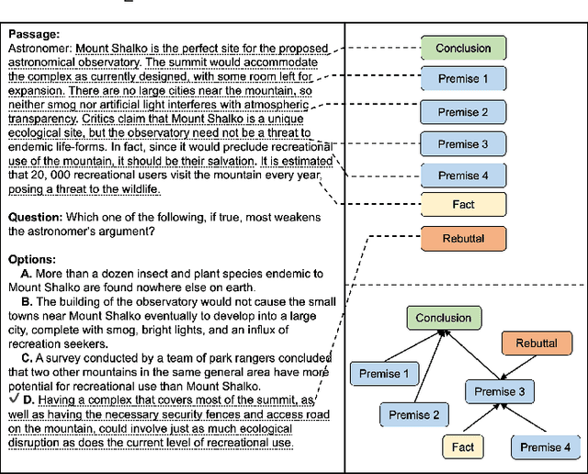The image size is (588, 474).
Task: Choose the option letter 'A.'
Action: click(x=27, y=274)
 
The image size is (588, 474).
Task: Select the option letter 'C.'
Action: click(x=28, y=358)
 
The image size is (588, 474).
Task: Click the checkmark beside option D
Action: click(x=11, y=399)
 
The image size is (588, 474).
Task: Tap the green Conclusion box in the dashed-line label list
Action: click(x=463, y=49)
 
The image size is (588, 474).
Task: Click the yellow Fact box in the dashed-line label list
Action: click(x=463, y=205)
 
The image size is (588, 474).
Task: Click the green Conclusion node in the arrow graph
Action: click(x=444, y=319)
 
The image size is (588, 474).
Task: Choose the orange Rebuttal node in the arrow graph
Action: click(x=536, y=344)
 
